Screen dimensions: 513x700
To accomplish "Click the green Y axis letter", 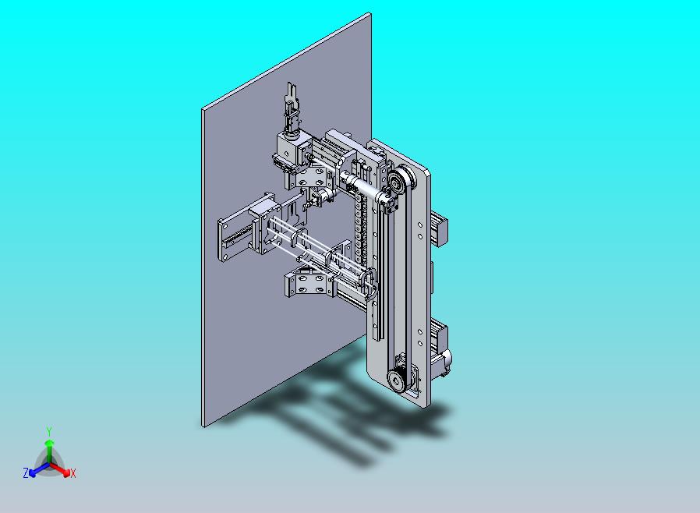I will tap(49, 430).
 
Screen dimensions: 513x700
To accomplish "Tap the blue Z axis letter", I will tap(26, 472).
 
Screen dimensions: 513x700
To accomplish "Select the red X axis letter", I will tap(72, 473).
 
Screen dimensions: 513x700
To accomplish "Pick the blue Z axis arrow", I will tap(36, 469).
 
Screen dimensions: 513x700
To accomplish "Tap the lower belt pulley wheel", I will tap(397, 380).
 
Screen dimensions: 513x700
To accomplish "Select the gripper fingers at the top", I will tap(292, 105).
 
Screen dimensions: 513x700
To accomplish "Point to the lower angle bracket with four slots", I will tap(306, 282).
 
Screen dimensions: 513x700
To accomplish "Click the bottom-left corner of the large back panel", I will tap(204, 425).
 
